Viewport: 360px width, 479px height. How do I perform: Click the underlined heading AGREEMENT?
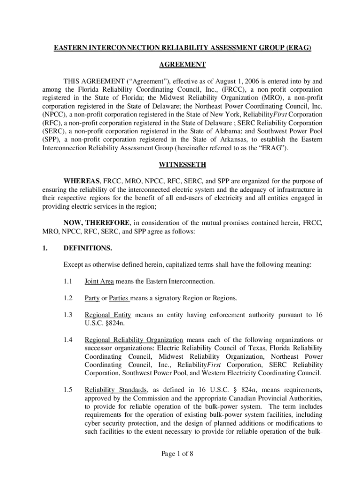pos(180,65)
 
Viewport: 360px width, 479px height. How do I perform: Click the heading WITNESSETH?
pos(180,165)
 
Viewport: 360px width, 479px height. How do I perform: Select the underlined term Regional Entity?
pos(108,315)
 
